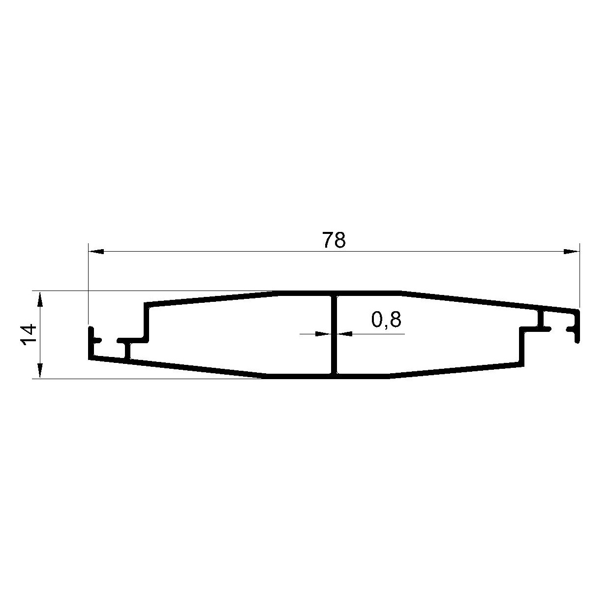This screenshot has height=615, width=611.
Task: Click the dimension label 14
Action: coord(29,334)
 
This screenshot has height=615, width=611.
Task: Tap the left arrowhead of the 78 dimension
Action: coord(96,252)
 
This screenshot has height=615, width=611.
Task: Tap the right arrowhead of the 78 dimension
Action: coord(572,252)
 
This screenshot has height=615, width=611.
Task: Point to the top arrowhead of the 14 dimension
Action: coord(40,299)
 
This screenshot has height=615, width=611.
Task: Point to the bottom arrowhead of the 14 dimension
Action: coord(40,371)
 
